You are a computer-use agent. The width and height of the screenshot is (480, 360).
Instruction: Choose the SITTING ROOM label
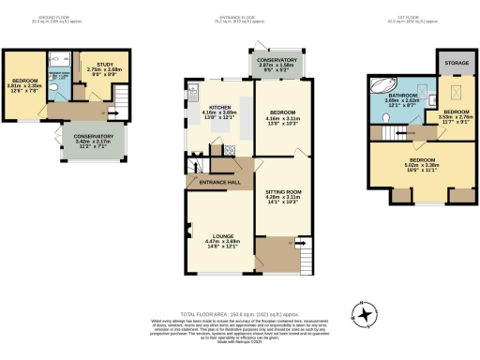(x=282, y=195)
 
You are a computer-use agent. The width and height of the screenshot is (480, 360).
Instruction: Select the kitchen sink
(x=193, y=93)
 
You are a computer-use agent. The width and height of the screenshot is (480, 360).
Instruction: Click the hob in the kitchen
(x=229, y=149)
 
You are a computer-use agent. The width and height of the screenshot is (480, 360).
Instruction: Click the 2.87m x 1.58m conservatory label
(x=277, y=64)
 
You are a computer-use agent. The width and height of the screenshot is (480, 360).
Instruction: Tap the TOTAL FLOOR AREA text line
(x=239, y=317)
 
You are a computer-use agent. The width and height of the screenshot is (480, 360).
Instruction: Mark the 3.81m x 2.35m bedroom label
(x=23, y=87)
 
